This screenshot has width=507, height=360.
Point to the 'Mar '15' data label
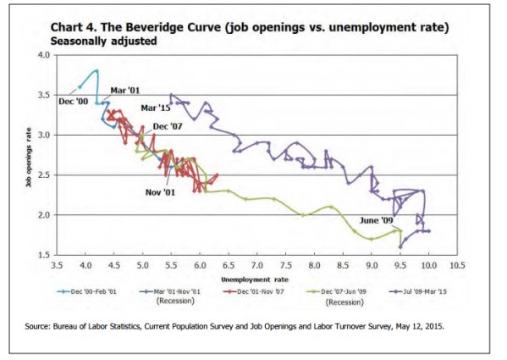click(154, 108)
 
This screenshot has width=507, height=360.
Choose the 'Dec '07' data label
click(166, 127)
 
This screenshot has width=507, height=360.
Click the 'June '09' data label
click(375, 221)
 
